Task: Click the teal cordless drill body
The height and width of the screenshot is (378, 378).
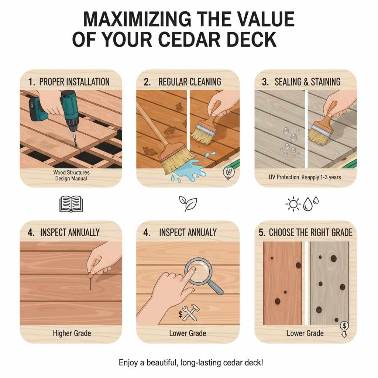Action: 68,107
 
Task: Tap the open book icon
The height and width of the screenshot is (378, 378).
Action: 71,204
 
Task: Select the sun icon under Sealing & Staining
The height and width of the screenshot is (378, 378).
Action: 293,205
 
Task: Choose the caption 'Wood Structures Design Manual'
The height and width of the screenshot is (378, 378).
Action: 71,175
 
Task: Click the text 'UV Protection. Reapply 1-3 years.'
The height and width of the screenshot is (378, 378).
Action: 306,177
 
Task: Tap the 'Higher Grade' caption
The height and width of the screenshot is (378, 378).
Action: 72,333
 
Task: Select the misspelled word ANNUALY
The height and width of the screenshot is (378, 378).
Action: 201,233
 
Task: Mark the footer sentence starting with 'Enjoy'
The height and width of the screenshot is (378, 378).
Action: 191,362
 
